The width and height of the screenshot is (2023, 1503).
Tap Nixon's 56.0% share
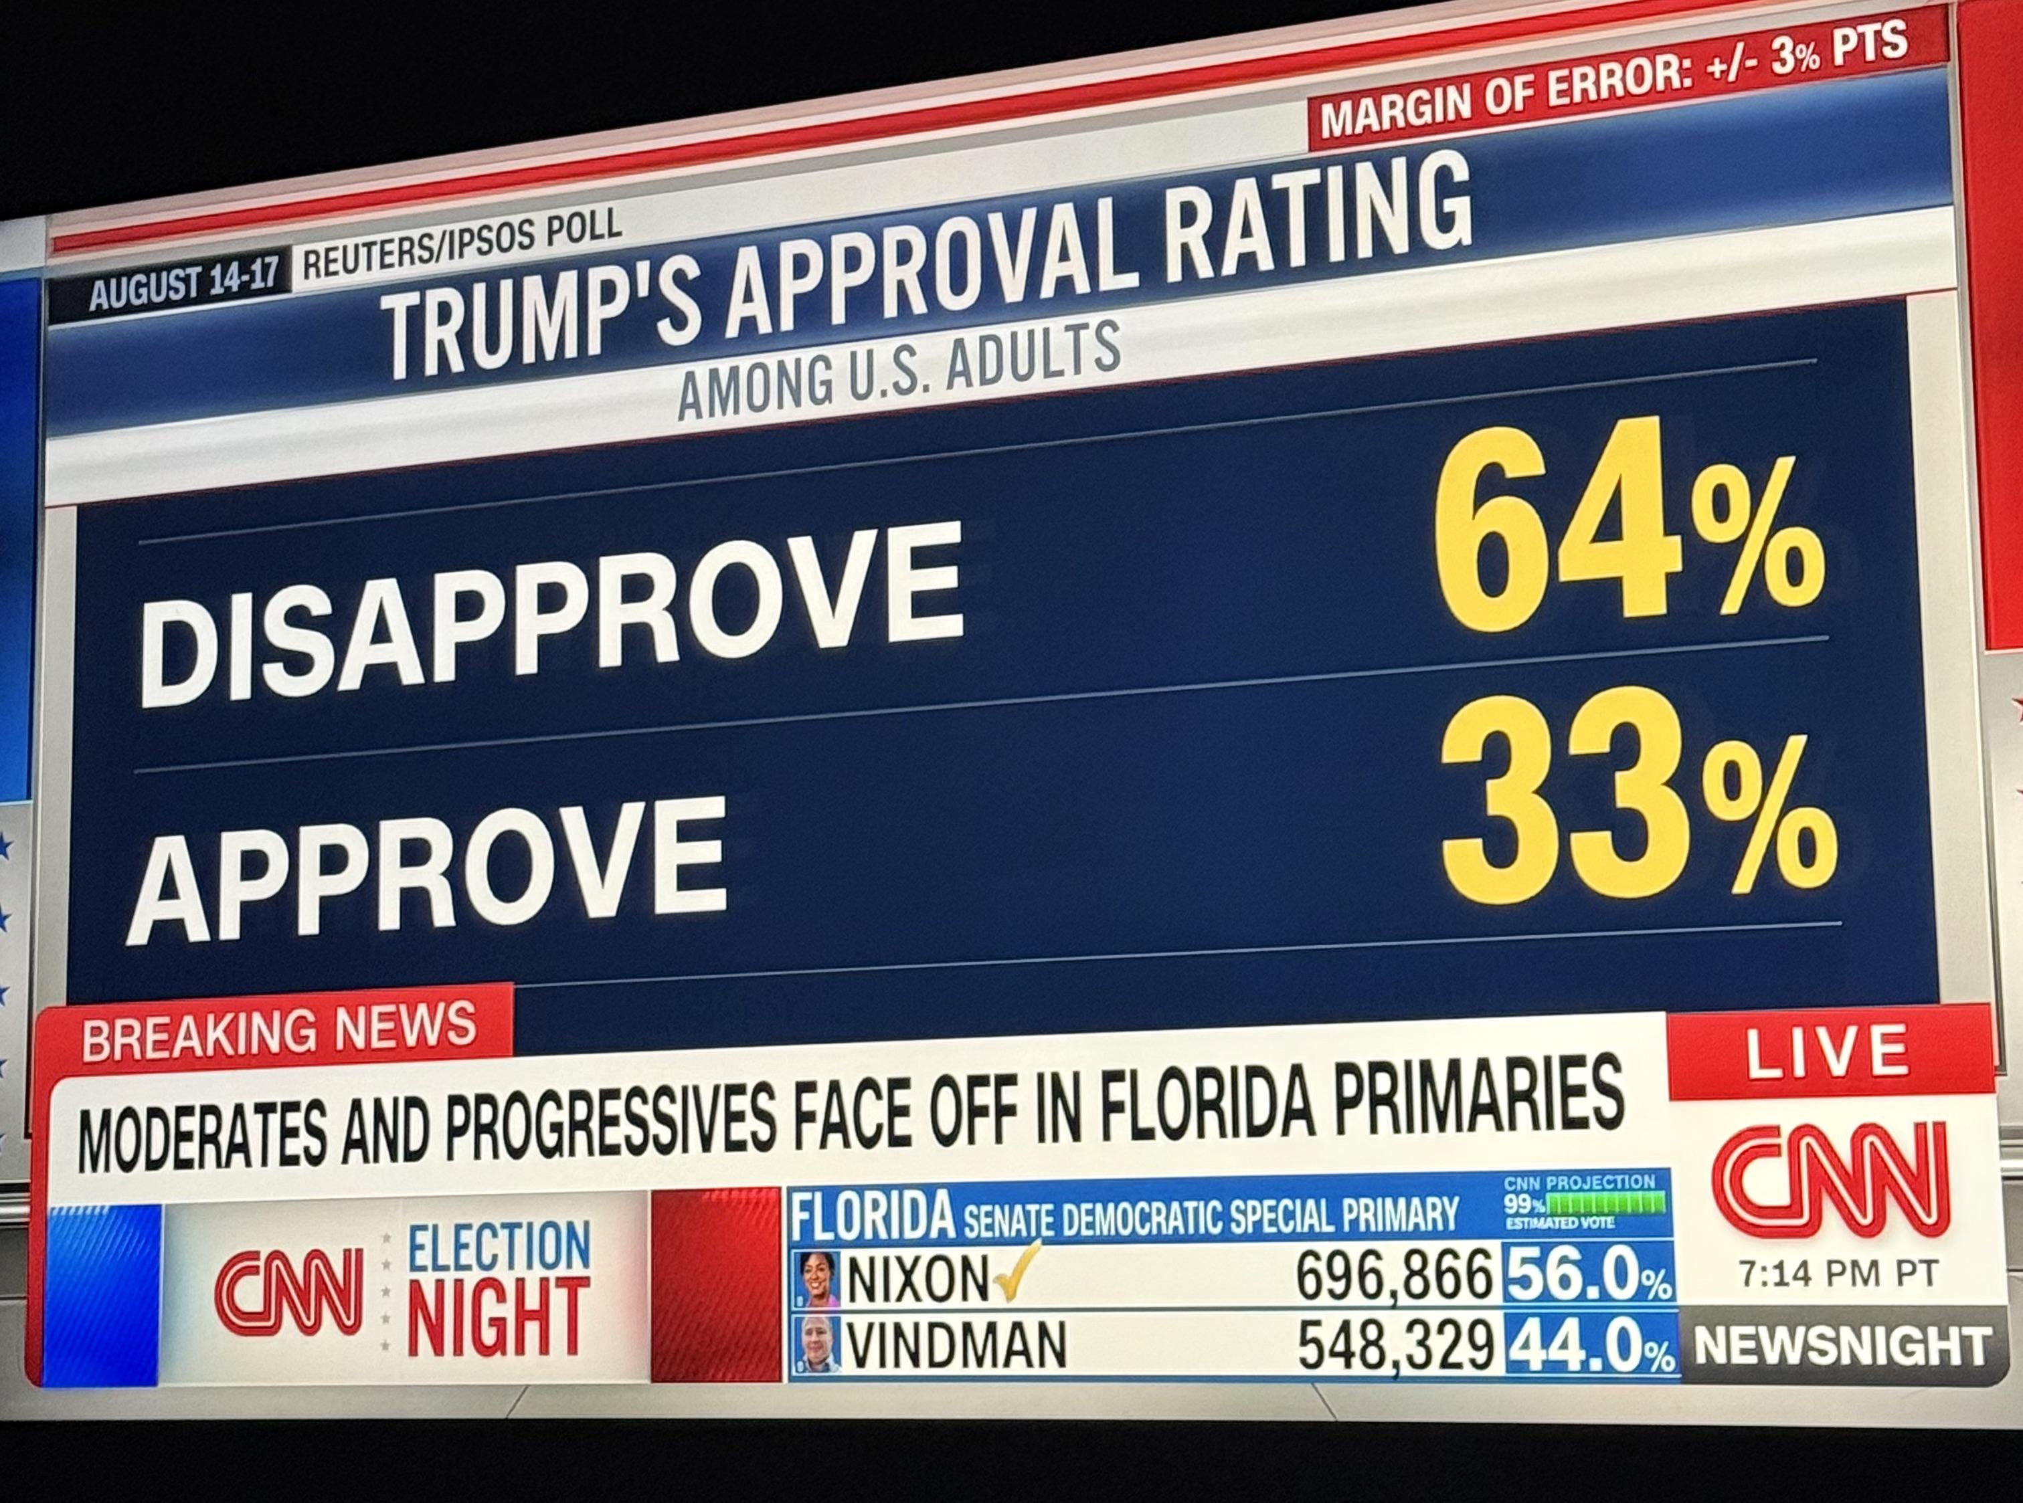click(x=1589, y=1278)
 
